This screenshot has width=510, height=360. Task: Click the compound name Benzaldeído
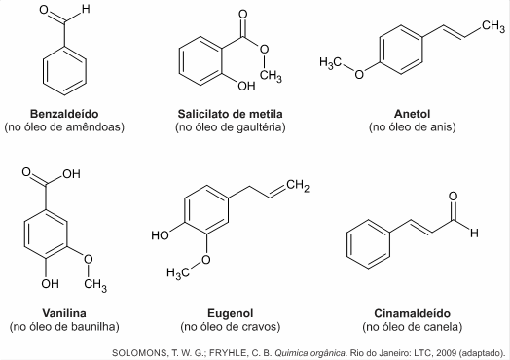coord(64,114)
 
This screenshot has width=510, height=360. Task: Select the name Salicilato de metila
coord(230,114)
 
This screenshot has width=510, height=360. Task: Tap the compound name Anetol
coord(412,114)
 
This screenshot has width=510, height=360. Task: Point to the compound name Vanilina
coord(64,313)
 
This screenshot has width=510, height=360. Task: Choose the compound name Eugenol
coord(231,313)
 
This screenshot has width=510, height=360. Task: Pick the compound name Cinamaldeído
coord(412,313)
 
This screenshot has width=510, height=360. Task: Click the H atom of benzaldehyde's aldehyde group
coord(86,9)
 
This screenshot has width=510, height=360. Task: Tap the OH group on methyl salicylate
coord(246,86)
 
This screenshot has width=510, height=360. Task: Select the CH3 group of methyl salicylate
coord(271,76)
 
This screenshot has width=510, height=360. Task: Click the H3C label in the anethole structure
coord(331,63)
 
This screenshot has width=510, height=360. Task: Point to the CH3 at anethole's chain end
coord(493,26)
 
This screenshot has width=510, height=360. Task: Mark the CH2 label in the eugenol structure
coord(298,186)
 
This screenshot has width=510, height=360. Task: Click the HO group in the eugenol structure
coord(160,234)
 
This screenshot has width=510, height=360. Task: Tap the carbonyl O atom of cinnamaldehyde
coord(454,197)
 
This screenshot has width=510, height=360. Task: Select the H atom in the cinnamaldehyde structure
coord(474,233)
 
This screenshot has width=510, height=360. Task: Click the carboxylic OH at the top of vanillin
coord(72,174)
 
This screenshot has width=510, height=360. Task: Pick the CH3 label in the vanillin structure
coord(95,285)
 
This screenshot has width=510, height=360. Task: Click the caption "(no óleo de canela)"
coord(412,326)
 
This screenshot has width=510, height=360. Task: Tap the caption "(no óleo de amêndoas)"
coord(64,126)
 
